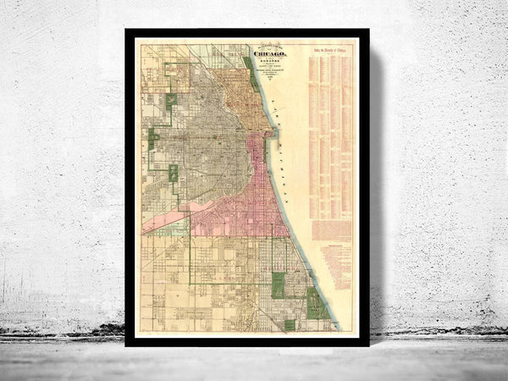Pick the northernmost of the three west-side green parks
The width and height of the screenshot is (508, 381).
[x=172, y=102]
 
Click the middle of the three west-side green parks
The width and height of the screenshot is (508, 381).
[x=153, y=139]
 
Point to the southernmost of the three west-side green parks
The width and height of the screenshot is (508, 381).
[x=174, y=174]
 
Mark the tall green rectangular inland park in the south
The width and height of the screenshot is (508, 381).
[x=278, y=284]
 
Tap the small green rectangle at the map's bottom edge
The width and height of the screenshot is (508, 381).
[x=290, y=324]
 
